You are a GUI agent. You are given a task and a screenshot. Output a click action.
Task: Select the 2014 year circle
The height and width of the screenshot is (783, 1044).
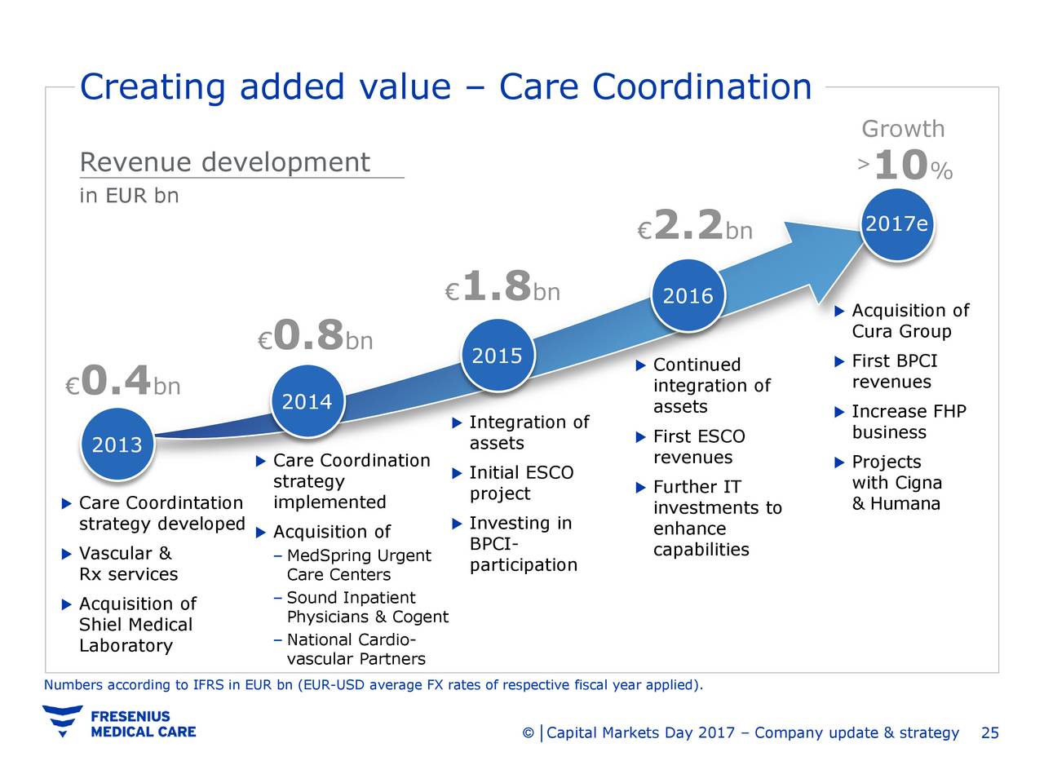[307, 402]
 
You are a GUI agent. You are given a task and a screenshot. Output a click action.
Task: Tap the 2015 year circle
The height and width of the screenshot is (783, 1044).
[498, 356]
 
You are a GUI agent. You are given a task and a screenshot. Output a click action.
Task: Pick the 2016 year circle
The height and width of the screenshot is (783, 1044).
[688, 295]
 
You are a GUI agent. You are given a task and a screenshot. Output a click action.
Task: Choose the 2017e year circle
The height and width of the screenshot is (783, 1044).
[896, 225]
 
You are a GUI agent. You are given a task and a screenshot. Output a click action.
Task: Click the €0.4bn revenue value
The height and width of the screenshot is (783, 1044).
[123, 382]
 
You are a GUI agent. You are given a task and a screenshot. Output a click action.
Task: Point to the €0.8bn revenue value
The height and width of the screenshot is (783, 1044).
[315, 336]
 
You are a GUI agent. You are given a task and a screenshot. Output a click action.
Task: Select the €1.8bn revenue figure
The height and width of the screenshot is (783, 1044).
[502, 288]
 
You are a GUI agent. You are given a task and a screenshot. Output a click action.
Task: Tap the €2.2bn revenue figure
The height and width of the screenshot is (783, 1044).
[694, 227]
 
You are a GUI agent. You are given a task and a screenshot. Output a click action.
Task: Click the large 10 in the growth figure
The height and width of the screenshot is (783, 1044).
[901, 167]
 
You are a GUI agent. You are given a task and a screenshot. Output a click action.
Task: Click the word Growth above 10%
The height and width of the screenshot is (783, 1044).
[903, 129]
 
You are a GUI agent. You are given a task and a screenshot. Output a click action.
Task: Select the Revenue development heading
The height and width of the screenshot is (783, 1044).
[225, 162]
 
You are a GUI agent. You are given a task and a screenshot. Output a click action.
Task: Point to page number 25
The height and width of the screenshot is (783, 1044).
[989, 732]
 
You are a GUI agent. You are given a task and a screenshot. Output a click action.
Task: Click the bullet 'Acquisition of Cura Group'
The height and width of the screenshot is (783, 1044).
[909, 321]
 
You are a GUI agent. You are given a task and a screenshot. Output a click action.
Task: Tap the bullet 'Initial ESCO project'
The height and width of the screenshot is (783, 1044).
[520, 483]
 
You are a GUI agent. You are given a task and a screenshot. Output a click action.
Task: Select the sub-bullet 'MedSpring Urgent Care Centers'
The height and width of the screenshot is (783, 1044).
[358, 565]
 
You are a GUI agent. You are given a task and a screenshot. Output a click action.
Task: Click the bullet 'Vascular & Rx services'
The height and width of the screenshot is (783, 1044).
[127, 564]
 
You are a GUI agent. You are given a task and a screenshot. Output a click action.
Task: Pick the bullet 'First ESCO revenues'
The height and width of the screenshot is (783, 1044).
[698, 447]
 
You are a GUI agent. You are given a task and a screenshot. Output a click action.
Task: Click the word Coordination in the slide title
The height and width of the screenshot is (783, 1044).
[702, 86]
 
